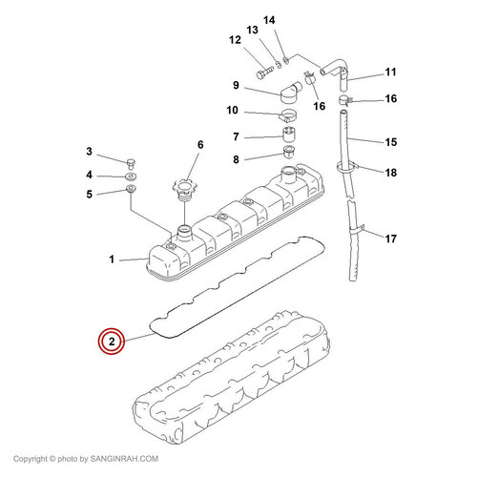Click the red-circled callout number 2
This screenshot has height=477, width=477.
(112, 342)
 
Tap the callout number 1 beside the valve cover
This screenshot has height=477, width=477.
(112, 259)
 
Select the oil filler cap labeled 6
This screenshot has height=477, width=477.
(184, 190)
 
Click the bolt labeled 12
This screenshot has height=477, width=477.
(264, 73)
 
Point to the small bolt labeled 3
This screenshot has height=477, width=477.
(131, 163)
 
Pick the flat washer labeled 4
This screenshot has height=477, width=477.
(131, 176)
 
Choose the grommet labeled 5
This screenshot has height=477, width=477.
(131, 189)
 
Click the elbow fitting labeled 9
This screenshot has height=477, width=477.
(291, 92)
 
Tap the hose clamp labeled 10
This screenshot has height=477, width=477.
(288, 115)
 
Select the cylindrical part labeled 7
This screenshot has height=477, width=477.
(289, 135)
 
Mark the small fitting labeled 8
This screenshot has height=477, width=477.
(289, 153)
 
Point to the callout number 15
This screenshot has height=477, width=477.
(391, 142)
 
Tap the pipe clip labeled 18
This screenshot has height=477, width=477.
(347, 167)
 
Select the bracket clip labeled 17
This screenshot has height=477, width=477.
(357, 230)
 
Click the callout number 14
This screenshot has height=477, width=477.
(269, 20)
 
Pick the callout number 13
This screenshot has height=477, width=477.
(253, 31)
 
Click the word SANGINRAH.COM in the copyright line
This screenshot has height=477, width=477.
(124, 459)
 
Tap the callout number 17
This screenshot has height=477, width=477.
(391, 238)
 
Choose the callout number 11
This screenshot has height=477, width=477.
(391, 73)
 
